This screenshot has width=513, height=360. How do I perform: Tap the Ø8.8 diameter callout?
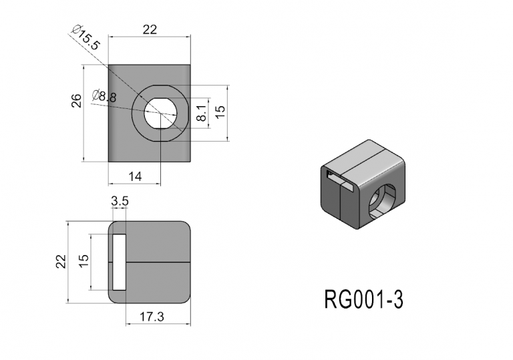[x=105, y=96]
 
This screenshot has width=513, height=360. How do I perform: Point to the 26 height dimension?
[x=77, y=100]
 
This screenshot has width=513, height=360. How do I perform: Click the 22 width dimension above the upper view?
[x=148, y=29]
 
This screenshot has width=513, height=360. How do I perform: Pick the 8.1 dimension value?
[x=201, y=115]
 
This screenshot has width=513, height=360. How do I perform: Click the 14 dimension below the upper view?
[x=135, y=176]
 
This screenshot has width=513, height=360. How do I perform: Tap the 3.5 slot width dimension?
[x=120, y=200]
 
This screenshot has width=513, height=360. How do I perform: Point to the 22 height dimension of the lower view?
[x=61, y=260]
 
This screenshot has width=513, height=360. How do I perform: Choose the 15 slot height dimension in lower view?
[x=83, y=260]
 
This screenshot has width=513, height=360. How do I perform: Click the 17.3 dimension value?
[x=152, y=317]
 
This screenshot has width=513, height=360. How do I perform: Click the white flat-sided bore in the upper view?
[x=161, y=112]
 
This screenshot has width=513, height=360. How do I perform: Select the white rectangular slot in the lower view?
[x=119, y=262]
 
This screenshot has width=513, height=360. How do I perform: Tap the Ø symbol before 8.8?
[x=97, y=96]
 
